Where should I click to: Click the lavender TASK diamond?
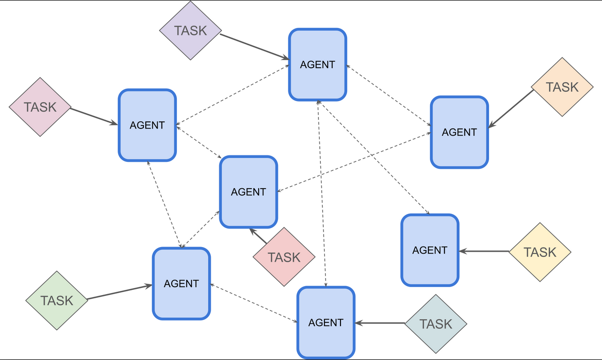click(190, 31)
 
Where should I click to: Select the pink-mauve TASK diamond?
click(40, 107)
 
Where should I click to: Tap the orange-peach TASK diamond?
click(562, 87)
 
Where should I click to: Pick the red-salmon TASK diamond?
click(284, 257)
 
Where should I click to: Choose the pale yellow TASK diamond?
click(540, 252)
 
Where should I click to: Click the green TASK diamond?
click(56, 300)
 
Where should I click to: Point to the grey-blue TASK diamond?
click(436, 324)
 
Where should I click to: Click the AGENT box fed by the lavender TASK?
click(317, 64)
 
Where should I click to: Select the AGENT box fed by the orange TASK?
click(459, 132)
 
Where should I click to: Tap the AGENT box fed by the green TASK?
click(181, 283)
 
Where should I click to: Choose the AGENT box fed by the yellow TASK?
click(429, 250)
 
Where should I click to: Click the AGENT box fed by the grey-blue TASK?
click(325, 322)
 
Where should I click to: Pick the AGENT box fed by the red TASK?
click(248, 192)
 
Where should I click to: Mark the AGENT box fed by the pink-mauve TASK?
click(147, 125)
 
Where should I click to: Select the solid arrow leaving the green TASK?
click(120, 292)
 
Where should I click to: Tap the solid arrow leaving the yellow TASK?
click(484, 251)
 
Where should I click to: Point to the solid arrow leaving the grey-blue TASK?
click(380, 323)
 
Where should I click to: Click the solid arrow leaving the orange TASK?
click(512, 109)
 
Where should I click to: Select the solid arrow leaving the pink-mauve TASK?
click(94, 116)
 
